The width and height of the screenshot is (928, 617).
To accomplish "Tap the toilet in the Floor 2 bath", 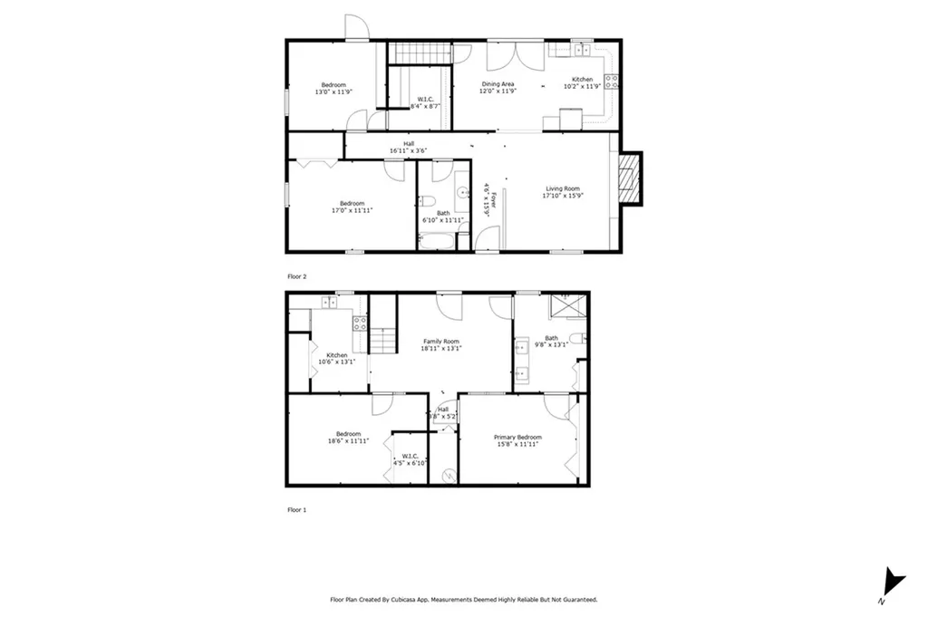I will [431, 201].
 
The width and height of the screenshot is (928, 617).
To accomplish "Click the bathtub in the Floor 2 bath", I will [437, 242].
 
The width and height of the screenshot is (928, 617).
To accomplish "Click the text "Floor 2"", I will [296, 276].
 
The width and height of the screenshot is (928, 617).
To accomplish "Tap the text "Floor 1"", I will [296, 510].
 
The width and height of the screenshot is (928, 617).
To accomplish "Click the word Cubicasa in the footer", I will [414, 600].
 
